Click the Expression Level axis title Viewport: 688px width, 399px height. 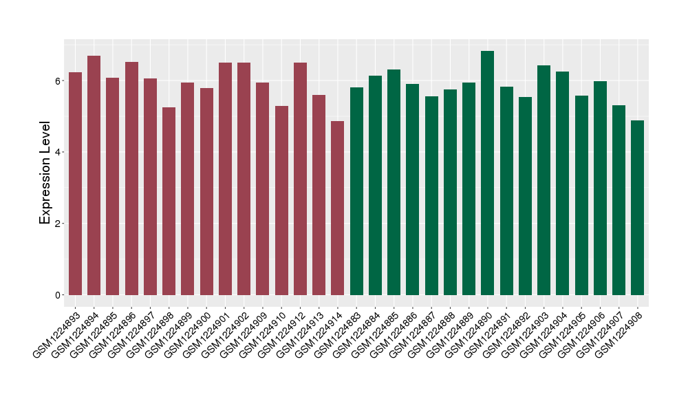pyautogui.click(x=45, y=173)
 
